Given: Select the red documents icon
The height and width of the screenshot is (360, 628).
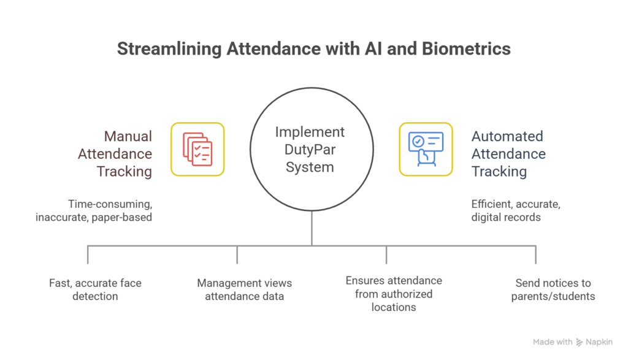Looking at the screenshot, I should click(x=197, y=149).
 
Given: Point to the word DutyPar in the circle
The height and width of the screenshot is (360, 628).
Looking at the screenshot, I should click(x=310, y=150).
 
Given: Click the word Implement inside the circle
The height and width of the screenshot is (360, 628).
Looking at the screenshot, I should click(x=310, y=132).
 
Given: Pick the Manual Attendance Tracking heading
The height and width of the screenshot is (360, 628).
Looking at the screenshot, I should click(x=124, y=153).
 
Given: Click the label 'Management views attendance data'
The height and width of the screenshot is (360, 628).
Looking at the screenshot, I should click(x=244, y=289).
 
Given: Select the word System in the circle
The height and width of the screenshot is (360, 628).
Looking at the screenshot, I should click(x=310, y=167).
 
